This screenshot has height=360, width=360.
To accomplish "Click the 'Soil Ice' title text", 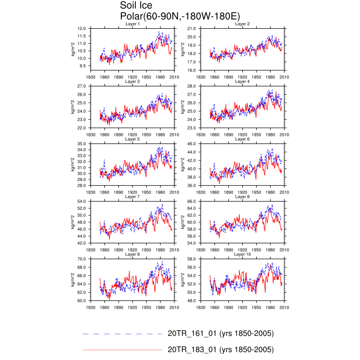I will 137,6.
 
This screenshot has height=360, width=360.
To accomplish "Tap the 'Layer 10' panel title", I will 242,255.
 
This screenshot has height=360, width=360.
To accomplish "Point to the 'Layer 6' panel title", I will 242,139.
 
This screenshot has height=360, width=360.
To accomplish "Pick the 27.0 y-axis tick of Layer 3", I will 81,86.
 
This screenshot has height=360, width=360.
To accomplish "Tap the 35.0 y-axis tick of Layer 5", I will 81,143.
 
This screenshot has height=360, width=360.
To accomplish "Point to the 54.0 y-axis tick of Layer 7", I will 81,201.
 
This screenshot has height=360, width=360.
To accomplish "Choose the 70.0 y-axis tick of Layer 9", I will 81,259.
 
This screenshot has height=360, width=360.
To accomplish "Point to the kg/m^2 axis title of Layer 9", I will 73,280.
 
